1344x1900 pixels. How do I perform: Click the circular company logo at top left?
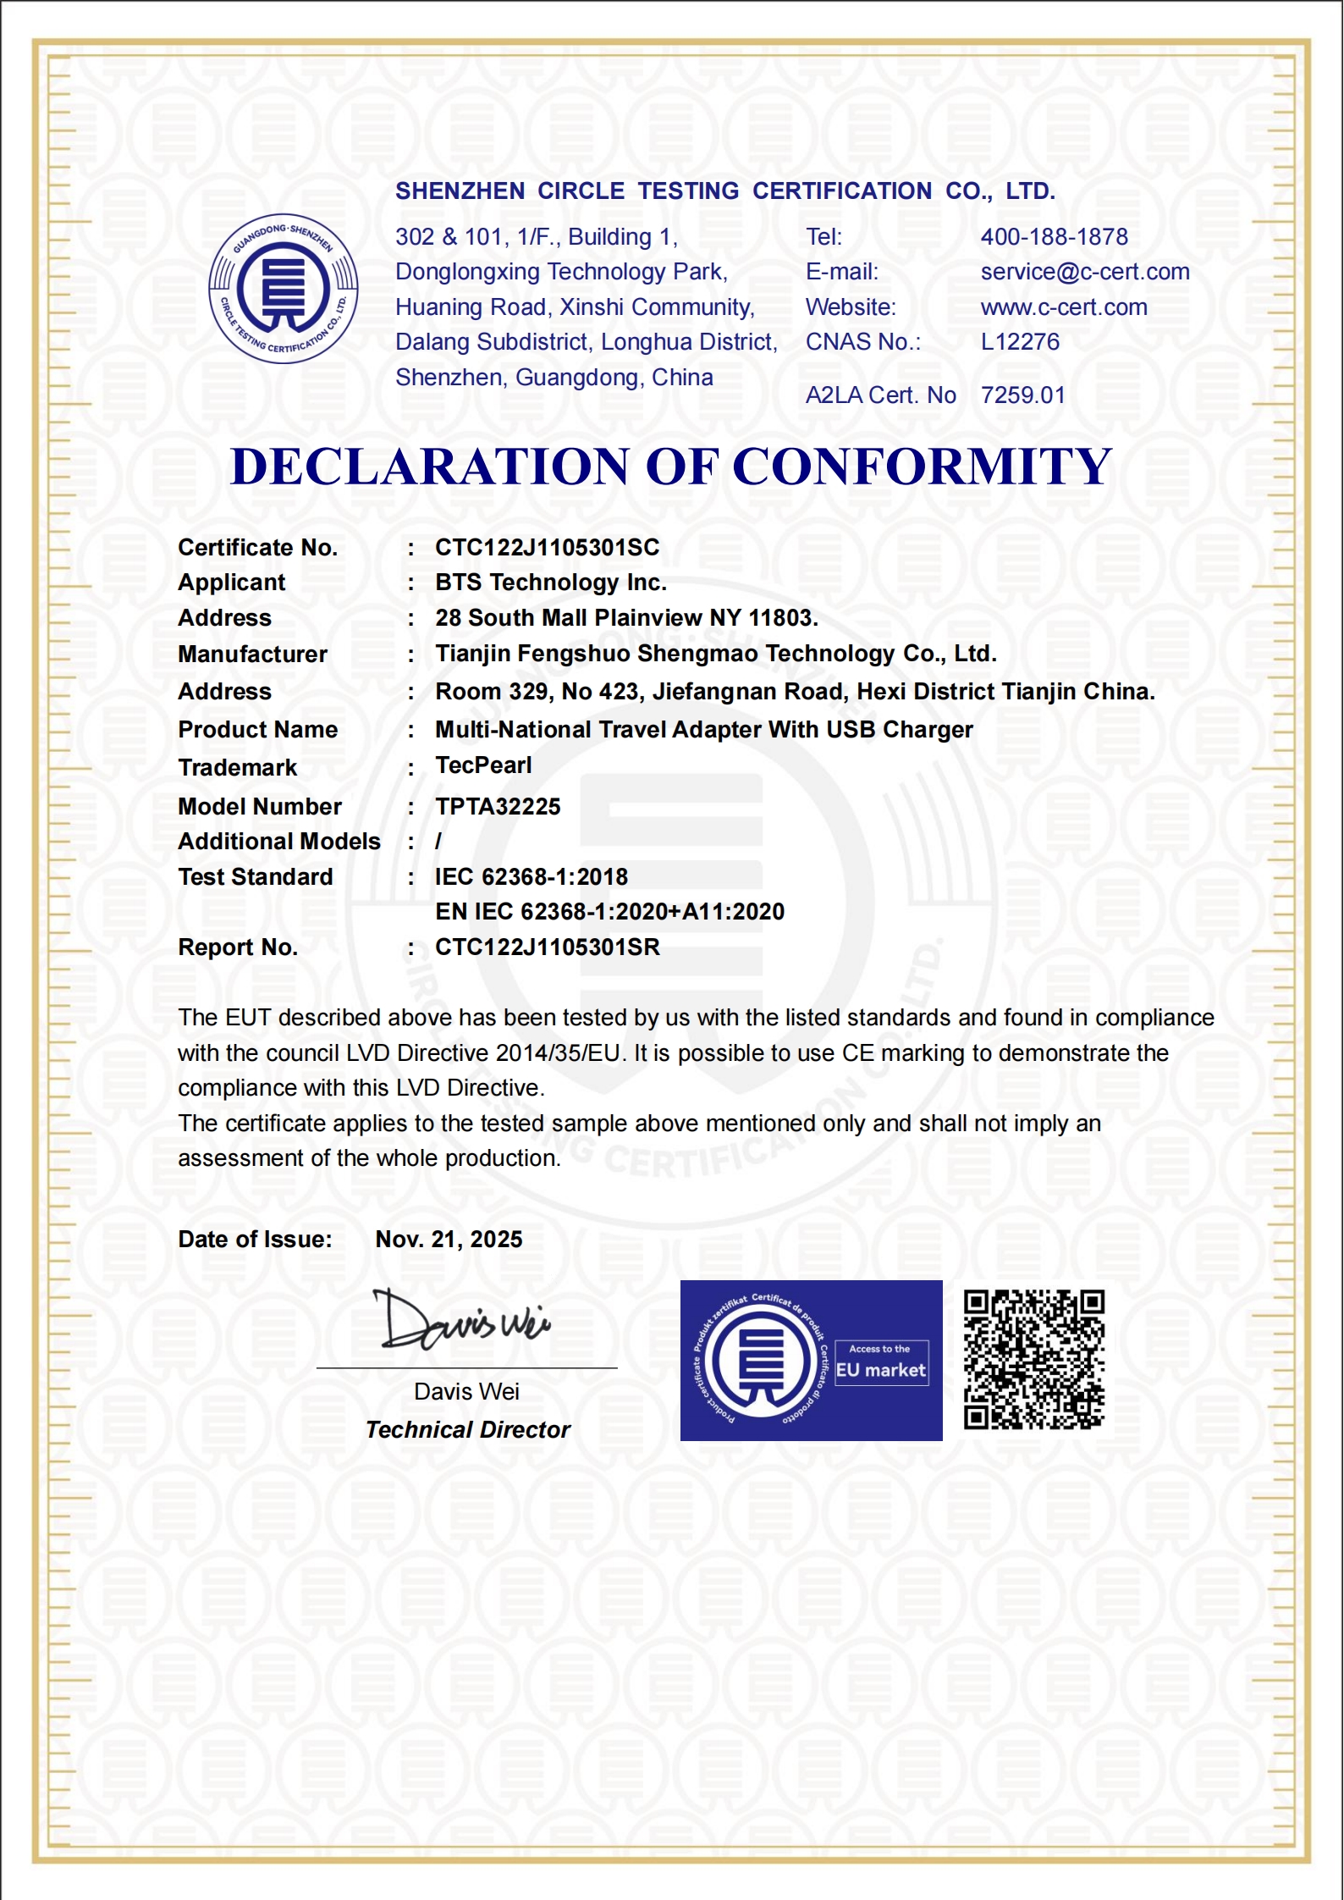pyautogui.click(x=284, y=288)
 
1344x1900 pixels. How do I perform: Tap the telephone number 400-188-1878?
pyautogui.click(x=1054, y=237)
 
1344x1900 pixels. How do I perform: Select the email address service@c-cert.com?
pyautogui.click(x=1084, y=272)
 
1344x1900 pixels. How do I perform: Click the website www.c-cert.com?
pyautogui.click(x=1064, y=307)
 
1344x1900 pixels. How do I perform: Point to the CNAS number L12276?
pyautogui.click(x=1020, y=342)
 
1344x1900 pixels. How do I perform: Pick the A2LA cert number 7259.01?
pyautogui.click(x=1022, y=395)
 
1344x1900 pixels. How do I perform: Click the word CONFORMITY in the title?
pyautogui.click(x=922, y=467)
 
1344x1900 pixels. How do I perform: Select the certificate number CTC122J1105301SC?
pyautogui.click(x=547, y=548)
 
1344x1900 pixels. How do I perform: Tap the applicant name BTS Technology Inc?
pyautogui.click(x=551, y=583)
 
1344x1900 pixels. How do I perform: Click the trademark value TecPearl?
pyautogui.click(x=483, y=765)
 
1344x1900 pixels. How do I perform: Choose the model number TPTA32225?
pyautogui.click(x=498, y=807)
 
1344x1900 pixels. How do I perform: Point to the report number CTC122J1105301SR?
pyautogui.click(x=547, y=947)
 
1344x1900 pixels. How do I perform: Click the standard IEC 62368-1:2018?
pyautogui.click(x=532, y=877)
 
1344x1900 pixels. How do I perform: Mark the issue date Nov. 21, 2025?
pyautogui.click(x=449, y=1240)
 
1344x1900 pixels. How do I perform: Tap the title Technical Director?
pyautogui.click(x=468, y=1430)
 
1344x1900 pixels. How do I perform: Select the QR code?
pyautogui.click(x=1034, y=1360)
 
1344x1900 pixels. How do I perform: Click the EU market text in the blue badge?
pyautogui.click(x=881, y=1370)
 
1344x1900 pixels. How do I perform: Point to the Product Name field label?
pyautogui.click(x=257, y=730)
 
